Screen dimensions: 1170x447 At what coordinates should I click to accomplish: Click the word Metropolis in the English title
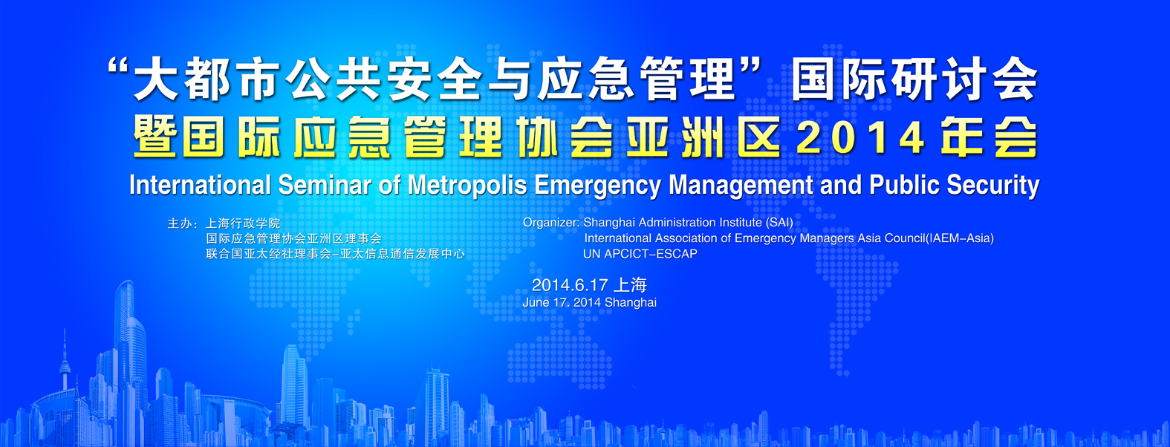(467, 186)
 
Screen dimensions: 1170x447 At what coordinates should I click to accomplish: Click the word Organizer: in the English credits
(551, 223)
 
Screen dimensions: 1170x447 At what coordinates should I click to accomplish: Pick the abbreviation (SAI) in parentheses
(779, 223)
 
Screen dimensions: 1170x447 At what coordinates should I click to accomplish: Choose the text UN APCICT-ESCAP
(640, 254)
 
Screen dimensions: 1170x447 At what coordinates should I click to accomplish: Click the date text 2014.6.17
(570, 285)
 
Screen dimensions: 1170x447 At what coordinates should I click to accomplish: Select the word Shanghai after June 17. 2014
(631, 303)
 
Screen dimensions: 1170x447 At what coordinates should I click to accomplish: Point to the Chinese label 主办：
(182, 223)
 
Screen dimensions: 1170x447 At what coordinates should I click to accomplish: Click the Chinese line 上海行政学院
(243, 223)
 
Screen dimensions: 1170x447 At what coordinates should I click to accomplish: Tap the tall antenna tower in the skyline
(65, 360)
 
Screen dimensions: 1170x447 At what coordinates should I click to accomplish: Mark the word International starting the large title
(200, 186)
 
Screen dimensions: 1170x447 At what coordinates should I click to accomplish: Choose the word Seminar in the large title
(325, 186)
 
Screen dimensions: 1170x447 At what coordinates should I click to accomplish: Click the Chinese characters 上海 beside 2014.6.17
(631, 285)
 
